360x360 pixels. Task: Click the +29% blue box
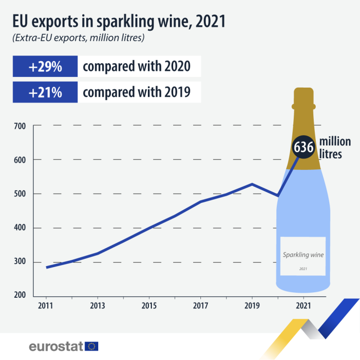[x=45, y=67]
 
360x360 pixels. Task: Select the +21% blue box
[x=45, y=92]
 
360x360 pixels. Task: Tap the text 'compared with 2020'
[x=136, y=67]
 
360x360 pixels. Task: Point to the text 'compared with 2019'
[x=136, y=92]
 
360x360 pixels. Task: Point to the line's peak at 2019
[x=252, y=184]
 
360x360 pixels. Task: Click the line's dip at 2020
[x=278, y=196]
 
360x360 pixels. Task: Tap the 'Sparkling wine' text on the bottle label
[x=303, y=254]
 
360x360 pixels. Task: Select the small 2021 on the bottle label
[x=303, y=269]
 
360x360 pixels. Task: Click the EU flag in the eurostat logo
[x=91, y=346]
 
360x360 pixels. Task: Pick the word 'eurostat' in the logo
[x=56, y=346]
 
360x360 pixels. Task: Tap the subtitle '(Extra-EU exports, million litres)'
[x=78, y=38]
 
